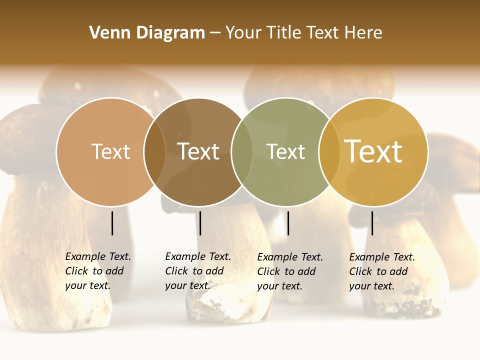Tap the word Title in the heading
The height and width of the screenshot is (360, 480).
point(286,32)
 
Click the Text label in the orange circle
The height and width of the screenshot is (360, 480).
point(110,151)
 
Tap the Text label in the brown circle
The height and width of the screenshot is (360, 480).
point(198,151)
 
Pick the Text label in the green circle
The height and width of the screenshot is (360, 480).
point(285,151)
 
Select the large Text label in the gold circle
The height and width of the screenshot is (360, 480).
point(373,151)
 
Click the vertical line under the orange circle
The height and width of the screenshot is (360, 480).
point(112,223)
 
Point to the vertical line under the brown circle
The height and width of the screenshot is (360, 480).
point(200,223)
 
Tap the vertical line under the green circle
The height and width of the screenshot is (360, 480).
point(288,223)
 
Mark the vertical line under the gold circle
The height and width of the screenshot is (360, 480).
point(372,223)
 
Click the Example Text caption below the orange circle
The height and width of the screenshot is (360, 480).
point(97,271)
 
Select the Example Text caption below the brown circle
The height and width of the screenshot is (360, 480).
point(197,271)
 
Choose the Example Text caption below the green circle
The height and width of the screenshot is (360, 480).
point(289,271)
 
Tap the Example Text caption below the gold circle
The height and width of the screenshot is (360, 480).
point(381,271)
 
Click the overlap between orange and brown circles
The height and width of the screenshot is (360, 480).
point(154,151)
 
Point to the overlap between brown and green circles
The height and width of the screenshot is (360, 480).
point(242,151)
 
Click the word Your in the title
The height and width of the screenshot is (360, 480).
point(243,32)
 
